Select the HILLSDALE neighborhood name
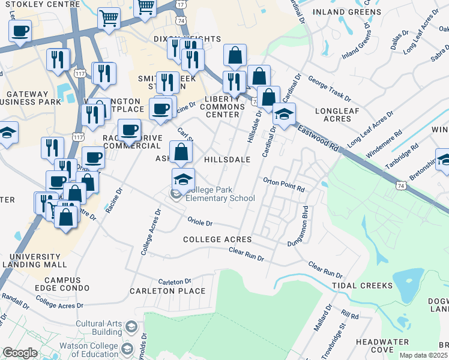coord(227,160)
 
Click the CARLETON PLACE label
coord(167,291)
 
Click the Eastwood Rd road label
coord(316,136)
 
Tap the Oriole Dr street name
coord(200,222)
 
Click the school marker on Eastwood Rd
coord(285,112)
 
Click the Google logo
coord(20,353)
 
